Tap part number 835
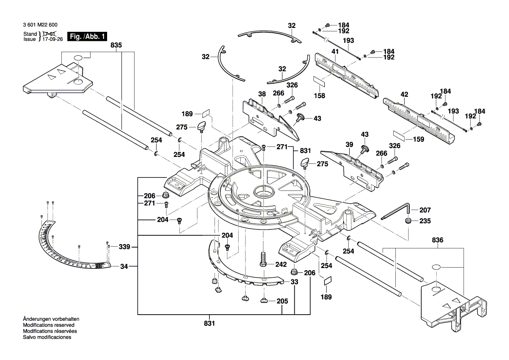click(x=116, y=45)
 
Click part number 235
click(x=425, y=221)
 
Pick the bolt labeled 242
click(x=263, y=260)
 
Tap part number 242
click(x=280, y=265)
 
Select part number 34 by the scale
click(x=124, y=266)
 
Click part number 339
click(x=124, y=247)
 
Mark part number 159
click(x=418, y=139)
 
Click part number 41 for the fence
click(x=335, y=52)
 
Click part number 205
click(x=282, y=301)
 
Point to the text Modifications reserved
click(x=48, y=325)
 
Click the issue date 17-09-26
click(x=52, y=39)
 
